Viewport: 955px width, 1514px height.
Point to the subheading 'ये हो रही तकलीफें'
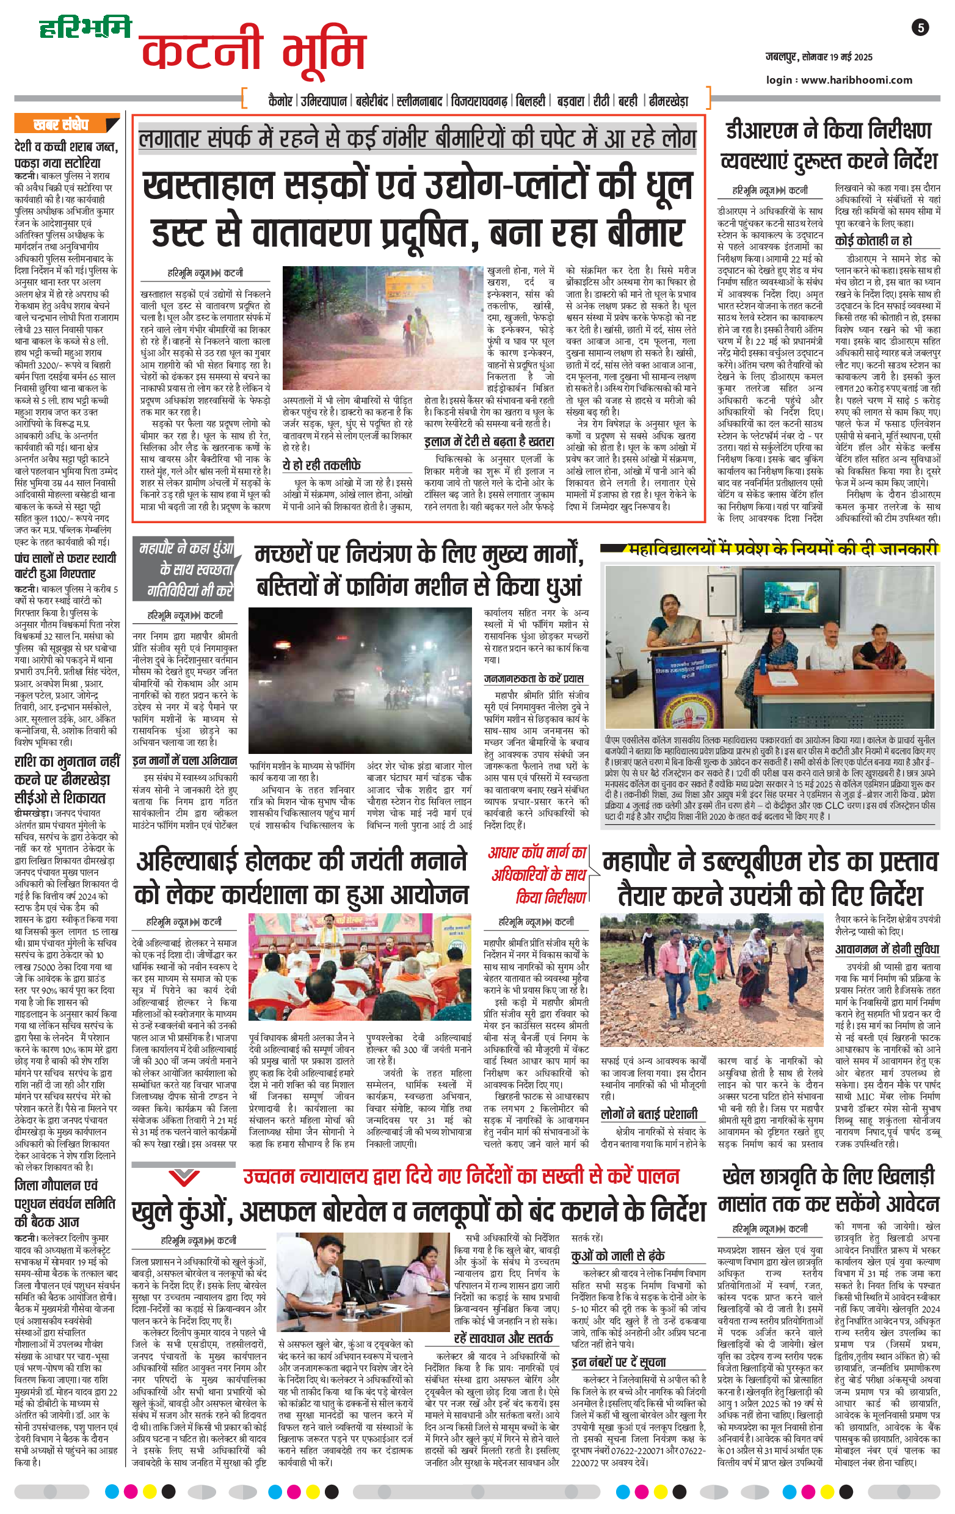321,465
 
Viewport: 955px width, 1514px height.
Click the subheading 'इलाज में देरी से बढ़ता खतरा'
488,442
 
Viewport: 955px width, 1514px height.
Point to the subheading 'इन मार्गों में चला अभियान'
185,761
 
